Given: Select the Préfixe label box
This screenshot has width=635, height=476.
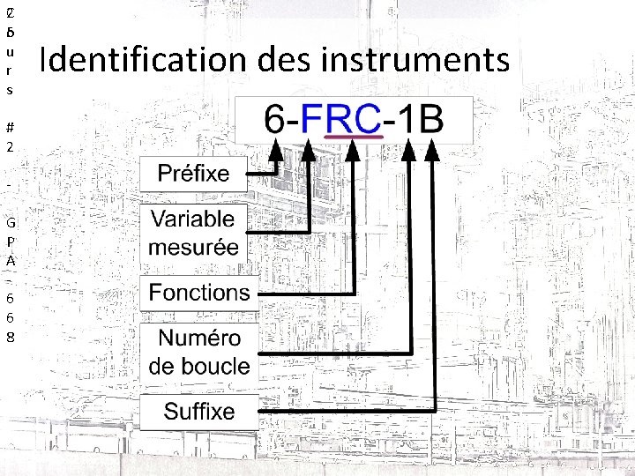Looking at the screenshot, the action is click(193, 174).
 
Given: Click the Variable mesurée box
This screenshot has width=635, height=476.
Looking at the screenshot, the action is click(193, 233).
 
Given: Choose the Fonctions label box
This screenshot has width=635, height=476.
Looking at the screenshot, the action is click(199, 293).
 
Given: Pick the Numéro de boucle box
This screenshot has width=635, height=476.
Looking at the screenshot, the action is click(199, 352).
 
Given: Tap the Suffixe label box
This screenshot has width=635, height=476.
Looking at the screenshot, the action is click(199, 411).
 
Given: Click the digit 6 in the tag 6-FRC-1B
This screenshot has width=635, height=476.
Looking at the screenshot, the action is click(274, 120).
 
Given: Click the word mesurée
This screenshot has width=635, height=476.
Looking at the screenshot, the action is click(193, 247).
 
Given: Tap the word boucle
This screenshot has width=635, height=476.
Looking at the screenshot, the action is click(199, 366).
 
